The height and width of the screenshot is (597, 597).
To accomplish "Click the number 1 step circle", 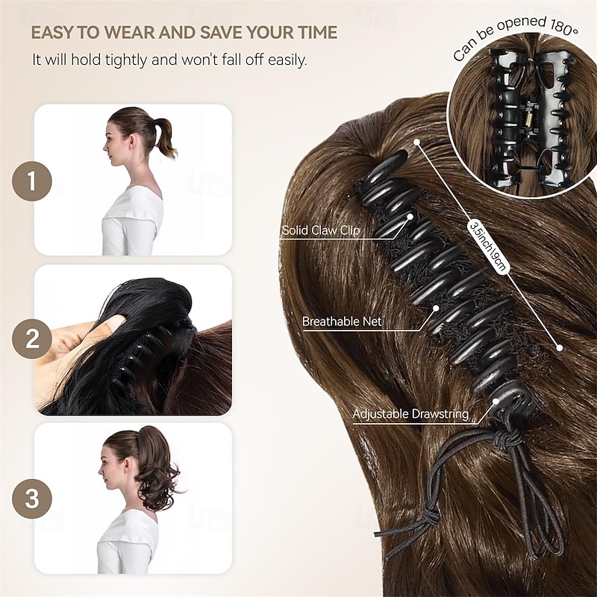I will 32,181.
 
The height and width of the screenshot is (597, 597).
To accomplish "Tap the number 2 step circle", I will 32,340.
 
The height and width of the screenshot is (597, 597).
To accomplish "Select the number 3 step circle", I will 32,498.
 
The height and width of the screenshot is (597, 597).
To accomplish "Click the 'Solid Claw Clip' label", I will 321,231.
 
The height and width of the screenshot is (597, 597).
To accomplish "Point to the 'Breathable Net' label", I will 343,322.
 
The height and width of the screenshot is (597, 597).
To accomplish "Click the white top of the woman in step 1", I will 133,220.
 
